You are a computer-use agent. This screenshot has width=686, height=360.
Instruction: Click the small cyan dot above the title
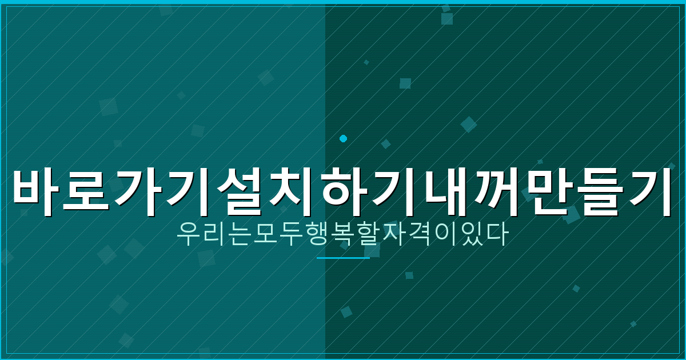(x=343, y=138)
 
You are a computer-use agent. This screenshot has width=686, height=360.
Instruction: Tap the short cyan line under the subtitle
(x=343, y=258)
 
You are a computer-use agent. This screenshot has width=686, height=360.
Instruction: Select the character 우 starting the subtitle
(x=188, y=234)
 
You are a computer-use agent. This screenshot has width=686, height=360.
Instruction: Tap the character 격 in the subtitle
(x=419, y=234)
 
